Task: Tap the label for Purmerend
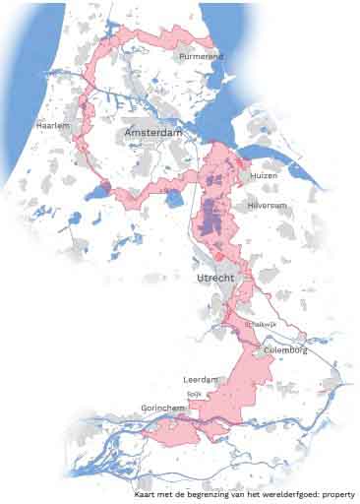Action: [202, 57]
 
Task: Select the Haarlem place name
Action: [52, 127]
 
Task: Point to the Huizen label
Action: [264, 174]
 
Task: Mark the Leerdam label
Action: [200, 379]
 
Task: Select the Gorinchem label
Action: [163, 406]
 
